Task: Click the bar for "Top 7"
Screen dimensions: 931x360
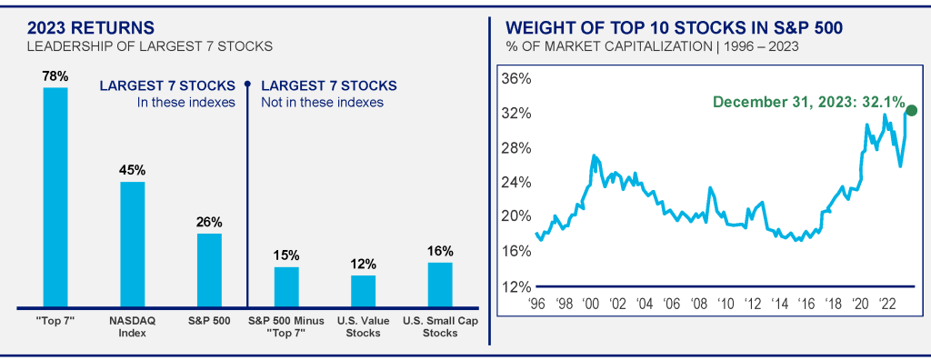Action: (55, 197)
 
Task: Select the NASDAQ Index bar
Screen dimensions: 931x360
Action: (132, 245)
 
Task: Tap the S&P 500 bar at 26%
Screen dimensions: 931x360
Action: (209, 270)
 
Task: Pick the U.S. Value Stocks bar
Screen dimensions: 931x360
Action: (363, 291)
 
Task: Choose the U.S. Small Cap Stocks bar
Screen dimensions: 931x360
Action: (440, 285)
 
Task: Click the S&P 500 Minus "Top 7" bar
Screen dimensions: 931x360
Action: (286, 287)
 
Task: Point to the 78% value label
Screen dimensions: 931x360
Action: (55, 76)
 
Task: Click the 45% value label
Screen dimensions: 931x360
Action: (132, 170)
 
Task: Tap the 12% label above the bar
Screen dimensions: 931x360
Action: (363, 264)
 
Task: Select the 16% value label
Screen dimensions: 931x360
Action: (440, 251)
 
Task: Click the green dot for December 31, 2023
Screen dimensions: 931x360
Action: (912, 111)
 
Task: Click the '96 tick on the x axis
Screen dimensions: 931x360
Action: (536, 304)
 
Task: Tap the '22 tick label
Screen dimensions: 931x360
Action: (887, 304)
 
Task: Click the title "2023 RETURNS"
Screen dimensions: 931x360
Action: (91, 28)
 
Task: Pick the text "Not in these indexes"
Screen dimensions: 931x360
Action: (323, 102)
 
